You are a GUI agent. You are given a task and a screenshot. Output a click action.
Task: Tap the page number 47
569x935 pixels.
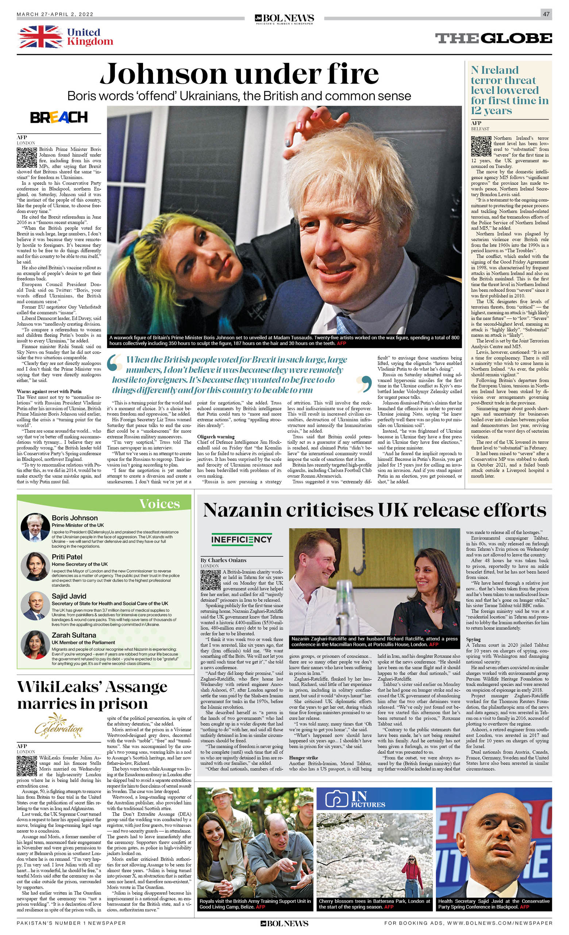click(546, 14)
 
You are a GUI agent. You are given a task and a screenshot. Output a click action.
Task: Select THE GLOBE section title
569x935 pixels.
click(493, 38)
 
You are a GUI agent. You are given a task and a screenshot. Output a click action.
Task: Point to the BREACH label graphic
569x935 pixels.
click(59, 117)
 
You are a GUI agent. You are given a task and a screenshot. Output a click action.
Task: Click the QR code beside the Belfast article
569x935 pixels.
click(481, 146)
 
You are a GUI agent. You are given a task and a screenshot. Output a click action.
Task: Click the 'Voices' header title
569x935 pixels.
click(165, 503)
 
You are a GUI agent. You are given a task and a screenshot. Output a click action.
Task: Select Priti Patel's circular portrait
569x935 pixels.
click(35, 566)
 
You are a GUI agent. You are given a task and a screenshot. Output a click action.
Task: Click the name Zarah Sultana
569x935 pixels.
click(74, 635)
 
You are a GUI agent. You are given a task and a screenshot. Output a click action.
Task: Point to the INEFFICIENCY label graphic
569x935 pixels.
click(242, 539)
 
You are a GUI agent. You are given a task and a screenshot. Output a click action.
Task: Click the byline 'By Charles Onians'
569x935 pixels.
click(223, 560)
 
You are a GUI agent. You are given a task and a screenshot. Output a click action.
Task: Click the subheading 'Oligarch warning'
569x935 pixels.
click(216, 437)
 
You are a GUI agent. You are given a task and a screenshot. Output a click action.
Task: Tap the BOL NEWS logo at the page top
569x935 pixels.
click(284, 18)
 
